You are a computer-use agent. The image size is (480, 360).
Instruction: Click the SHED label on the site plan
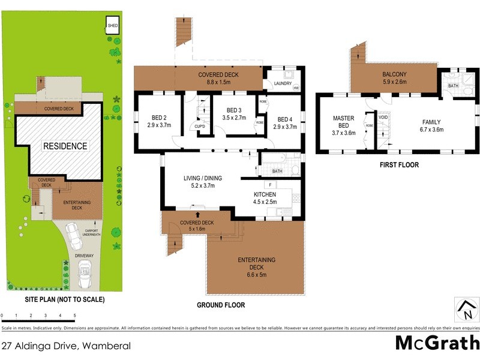(113, 26)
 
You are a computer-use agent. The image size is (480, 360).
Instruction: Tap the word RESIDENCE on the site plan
(64, 146)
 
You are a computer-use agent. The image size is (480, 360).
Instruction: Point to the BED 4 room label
(285, 122)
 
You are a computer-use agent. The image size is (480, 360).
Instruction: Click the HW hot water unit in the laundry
(295, 88)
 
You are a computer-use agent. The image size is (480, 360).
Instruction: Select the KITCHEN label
(265, 194)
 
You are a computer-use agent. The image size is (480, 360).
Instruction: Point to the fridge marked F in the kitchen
(271, 184)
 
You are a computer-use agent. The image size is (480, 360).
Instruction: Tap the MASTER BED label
(344, 122)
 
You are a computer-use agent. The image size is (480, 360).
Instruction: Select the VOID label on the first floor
(383, 118)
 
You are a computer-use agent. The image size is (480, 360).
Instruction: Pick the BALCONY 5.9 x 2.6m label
(394, 78)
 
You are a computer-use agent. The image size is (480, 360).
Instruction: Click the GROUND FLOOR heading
(221, 305)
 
